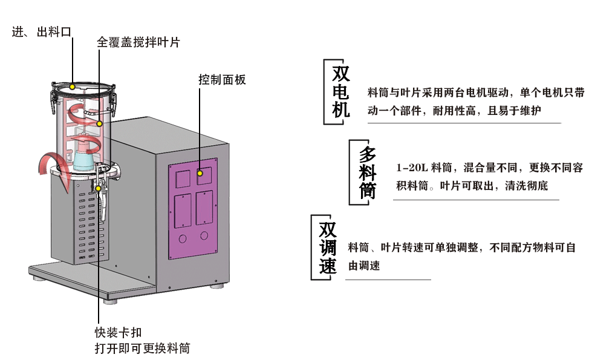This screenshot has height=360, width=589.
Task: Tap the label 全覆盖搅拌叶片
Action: pos(138,42)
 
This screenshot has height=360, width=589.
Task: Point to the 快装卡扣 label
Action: pos(118,333)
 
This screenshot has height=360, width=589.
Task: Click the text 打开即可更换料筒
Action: pos(142,349)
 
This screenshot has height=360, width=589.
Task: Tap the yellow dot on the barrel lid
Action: pos(72,87)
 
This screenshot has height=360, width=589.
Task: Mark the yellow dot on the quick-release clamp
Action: pos(98,188)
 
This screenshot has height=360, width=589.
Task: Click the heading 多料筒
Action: pos(367,172)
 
